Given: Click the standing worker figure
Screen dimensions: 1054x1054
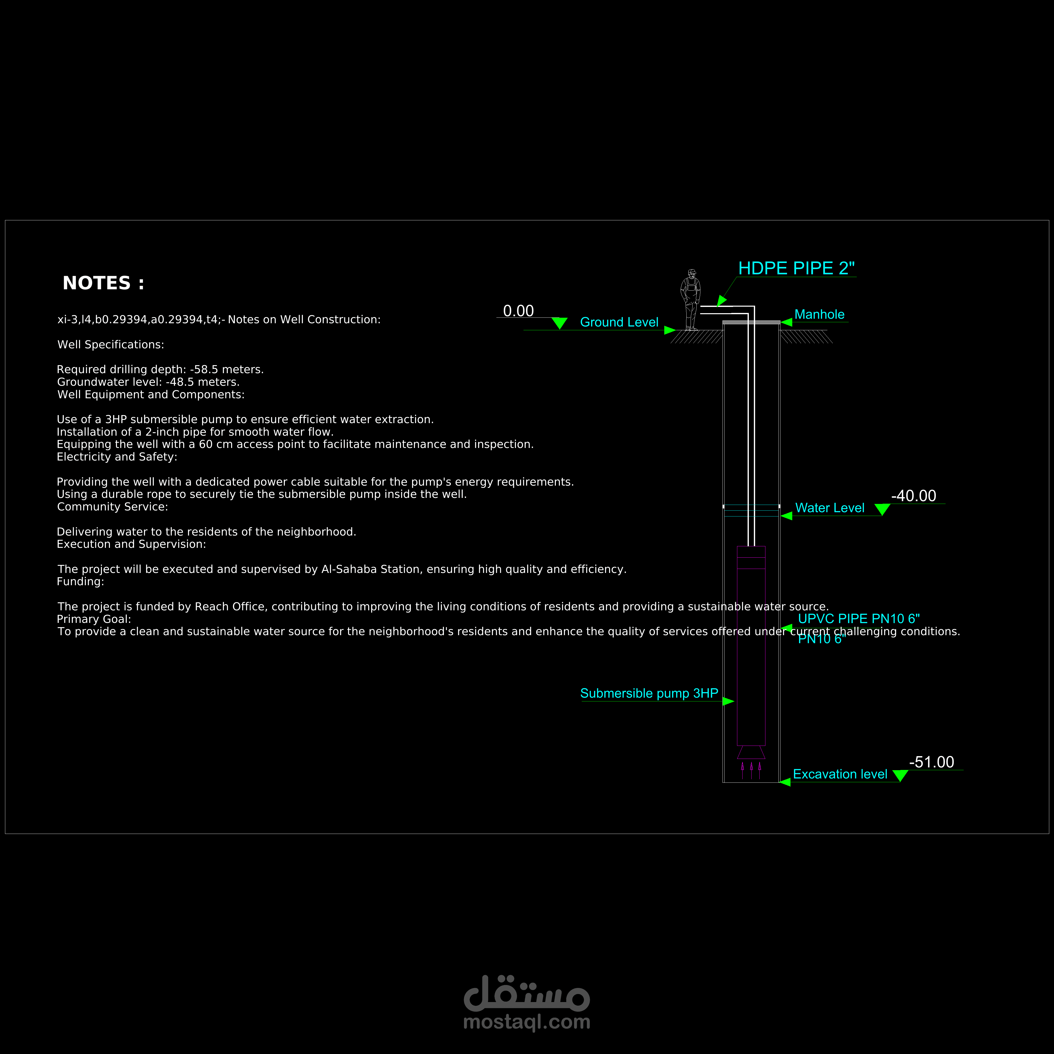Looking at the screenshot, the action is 691,299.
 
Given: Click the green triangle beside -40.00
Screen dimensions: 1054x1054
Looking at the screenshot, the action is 882,509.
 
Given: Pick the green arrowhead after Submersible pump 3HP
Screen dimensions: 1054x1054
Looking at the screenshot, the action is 728,701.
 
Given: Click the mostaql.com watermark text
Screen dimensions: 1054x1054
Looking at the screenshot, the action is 526,1022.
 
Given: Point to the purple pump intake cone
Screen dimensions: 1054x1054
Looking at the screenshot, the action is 751,752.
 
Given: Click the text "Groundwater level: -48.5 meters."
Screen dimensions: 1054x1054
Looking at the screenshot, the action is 148,382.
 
